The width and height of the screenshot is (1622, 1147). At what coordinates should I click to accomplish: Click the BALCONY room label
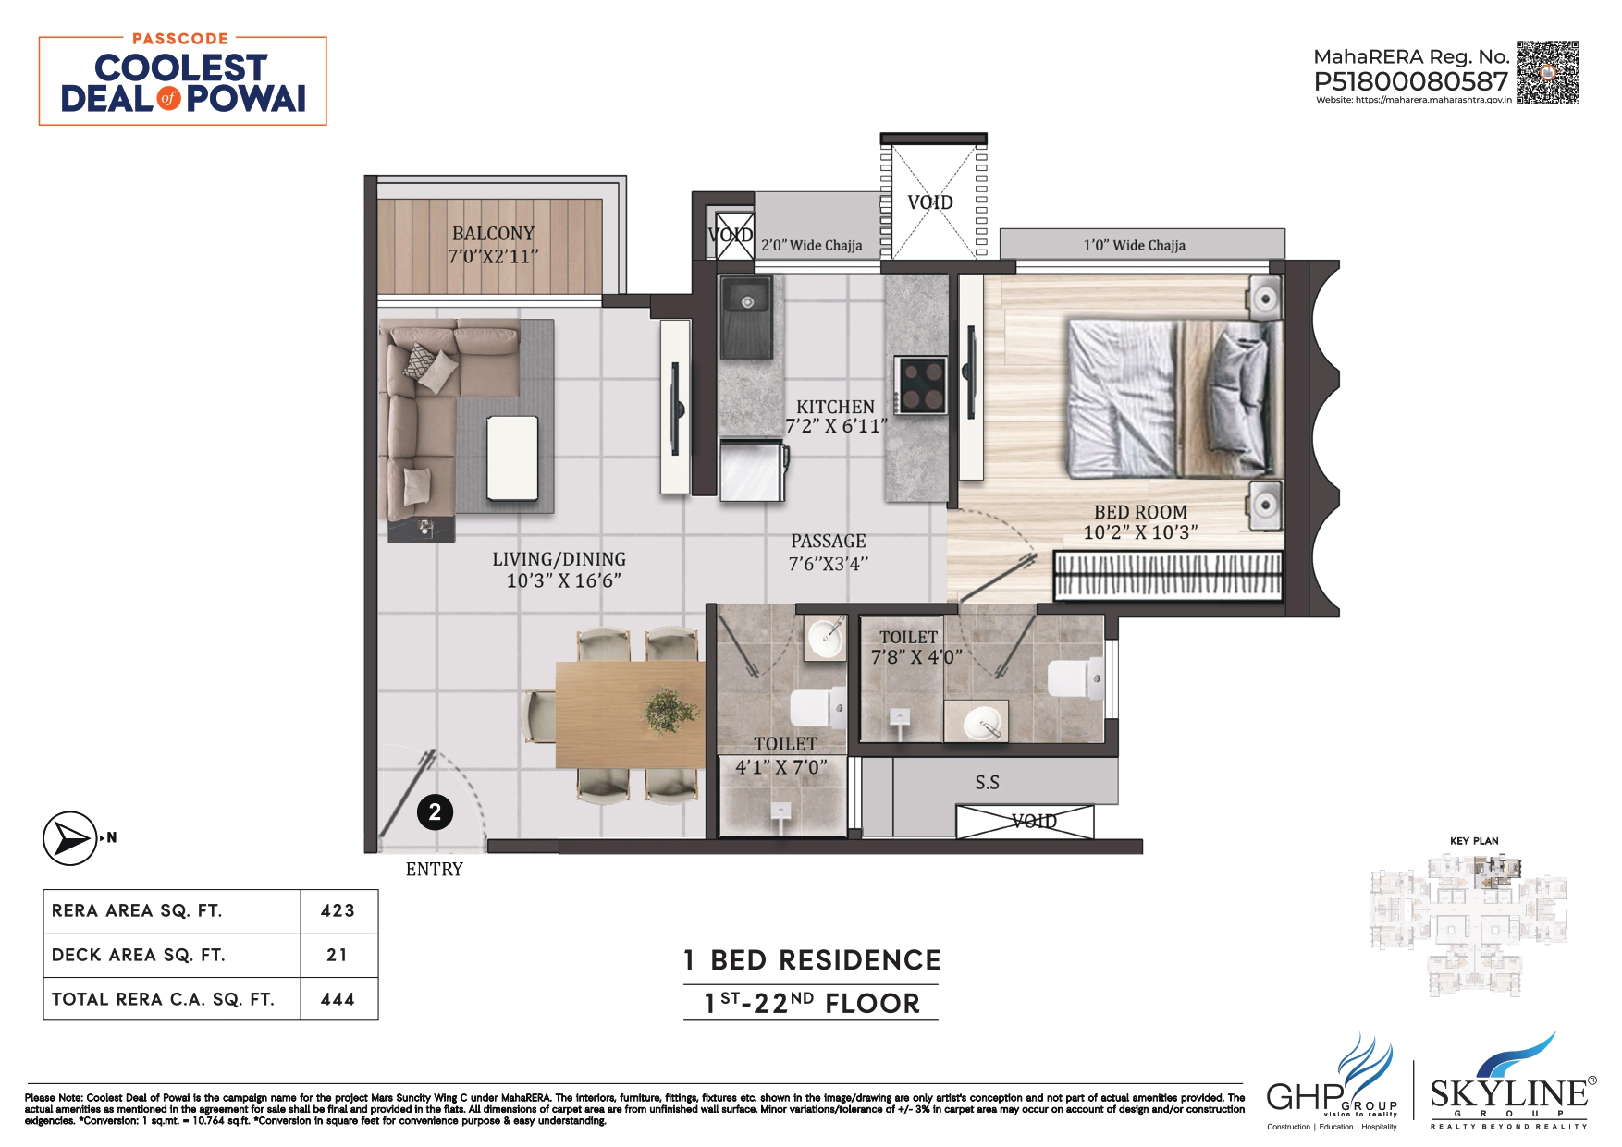[x=493, y=234]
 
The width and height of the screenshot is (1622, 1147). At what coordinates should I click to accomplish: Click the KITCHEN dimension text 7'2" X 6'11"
[x=836, y=426]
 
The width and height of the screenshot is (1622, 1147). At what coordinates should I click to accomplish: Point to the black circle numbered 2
[x=435, y=812]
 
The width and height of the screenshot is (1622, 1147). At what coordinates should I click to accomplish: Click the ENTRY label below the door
[x=434, y=869]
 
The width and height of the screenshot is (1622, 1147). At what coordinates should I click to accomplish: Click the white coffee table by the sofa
[x=512, y=457]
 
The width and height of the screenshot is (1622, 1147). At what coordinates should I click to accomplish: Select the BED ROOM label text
[x=1140, y=512]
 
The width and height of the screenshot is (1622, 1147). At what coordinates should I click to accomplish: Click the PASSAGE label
[x=828, y=542]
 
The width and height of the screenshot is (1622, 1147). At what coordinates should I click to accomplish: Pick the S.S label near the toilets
[x=987, y=783]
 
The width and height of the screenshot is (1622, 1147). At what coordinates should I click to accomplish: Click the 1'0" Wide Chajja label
[x=1134, y=245]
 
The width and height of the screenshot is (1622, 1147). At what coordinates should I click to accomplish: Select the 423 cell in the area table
[x=338, y=910]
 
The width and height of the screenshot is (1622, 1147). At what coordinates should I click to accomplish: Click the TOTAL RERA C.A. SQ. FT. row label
[x=163, y=999]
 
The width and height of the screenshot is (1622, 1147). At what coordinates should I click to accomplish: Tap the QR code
[x=1547, y=72]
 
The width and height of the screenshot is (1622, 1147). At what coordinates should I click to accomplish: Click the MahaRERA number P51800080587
[x=1410, y=81]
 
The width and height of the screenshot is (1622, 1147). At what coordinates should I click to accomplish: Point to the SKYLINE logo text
[x=1508, y=1094]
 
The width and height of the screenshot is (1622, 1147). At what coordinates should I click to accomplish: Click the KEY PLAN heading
[x=1474, y=841]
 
